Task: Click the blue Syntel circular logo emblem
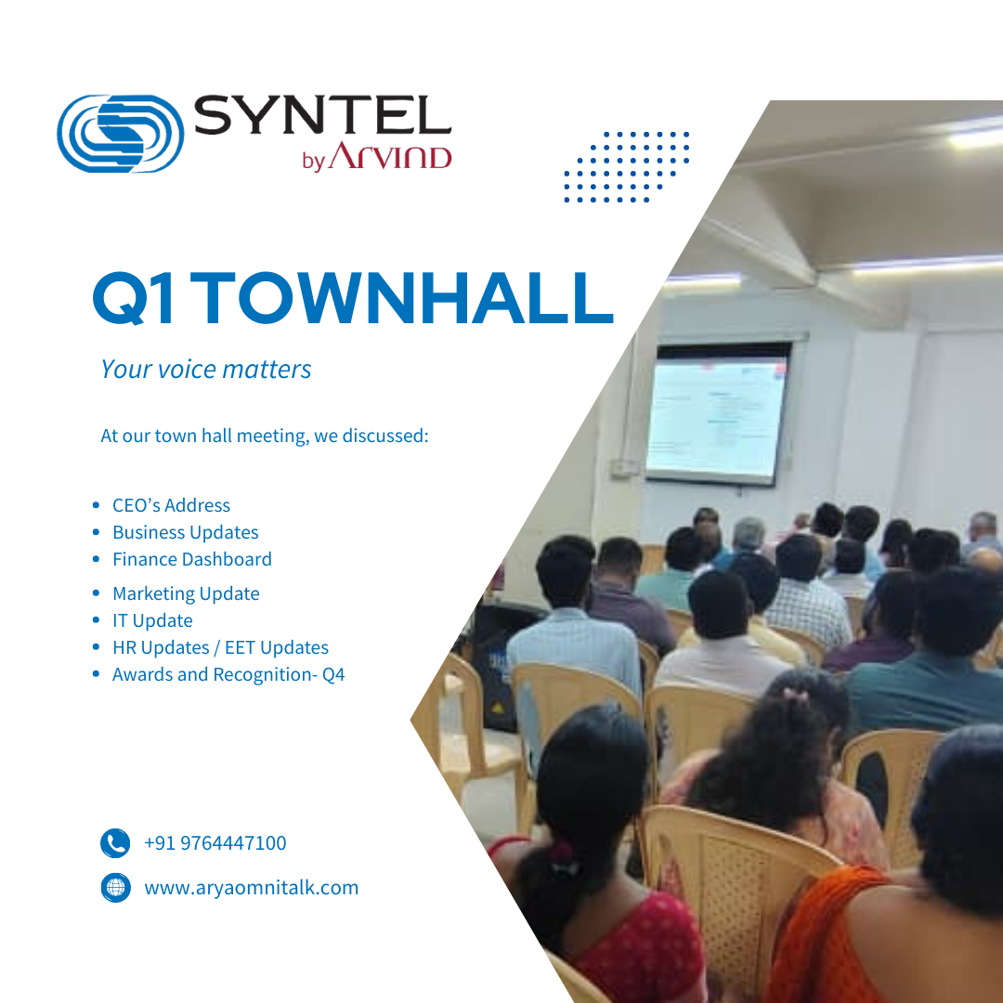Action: pyautogui.click(x=120, y=134)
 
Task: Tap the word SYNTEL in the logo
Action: pyautogui.click(x=322, y=115)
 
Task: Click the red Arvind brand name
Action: pyautogui.click(x=390, y=156)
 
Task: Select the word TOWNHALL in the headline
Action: pyautogui.click(x=402, y=298)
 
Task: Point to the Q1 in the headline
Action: pyautogui.click(x=133, y=299)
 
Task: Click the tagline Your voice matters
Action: pyautogui.click(x=206, y=369)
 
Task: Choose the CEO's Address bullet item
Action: pyautogui.click(x=172, y=505)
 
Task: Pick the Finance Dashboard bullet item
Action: pyautogui.click(x=192, y=559)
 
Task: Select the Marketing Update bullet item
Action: pyautogui.click(x=186, y=593)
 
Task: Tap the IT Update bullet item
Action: pyautogui.click(x=152, y=620)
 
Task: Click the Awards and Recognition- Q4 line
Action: pyautogui.click(x=228, y=674)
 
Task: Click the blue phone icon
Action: pyautogui.click(x=115, y=843)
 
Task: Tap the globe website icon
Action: pyautogui.click(x=116, y=888)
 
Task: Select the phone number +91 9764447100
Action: pyautogui.click(x=215, y=843)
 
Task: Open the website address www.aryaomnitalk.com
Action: pyautogui.click(x=252, y=888)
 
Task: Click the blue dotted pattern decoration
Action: pyautogui.click(x=627, y=167)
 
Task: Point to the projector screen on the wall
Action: pyautogui.click(x=718, y=414)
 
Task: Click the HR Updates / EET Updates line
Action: pyautogui.click(x=221, y=647)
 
